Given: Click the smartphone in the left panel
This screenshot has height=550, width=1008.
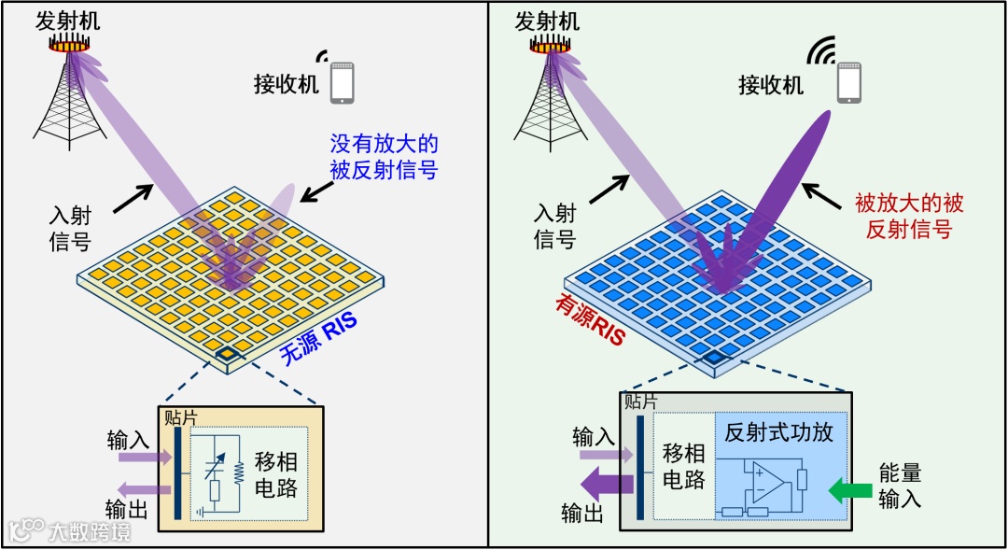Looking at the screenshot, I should tap(343, 81).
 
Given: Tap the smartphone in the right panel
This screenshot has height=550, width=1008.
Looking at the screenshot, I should tap(848, 83).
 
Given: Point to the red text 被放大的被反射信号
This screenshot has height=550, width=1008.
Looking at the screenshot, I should tap(909, 216).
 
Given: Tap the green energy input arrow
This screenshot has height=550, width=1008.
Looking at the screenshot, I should tap(850, 488).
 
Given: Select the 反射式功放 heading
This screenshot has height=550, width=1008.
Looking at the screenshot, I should tap(778, 432).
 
